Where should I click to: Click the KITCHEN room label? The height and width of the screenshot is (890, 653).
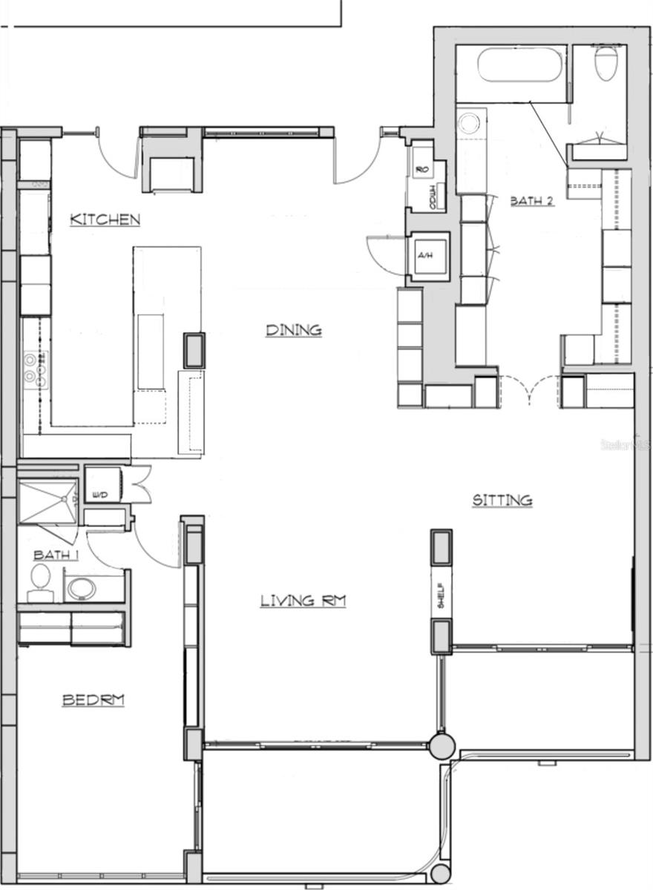(105, 220)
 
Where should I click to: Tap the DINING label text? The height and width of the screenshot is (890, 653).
(294, 330)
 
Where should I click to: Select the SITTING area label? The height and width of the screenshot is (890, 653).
(502, 501)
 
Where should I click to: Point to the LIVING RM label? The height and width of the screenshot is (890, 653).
(303, 601)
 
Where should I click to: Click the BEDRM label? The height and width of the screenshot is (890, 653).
(93, 699)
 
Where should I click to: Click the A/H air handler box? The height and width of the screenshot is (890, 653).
(426, 256)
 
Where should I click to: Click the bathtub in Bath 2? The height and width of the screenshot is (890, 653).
(516, 65)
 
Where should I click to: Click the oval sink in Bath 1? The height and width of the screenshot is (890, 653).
(82, 589)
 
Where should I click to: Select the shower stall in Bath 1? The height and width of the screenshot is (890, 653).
(47, 501)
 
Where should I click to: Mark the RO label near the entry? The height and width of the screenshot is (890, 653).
(422, 170)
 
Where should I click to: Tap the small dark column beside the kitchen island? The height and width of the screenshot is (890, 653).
(194, 350)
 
